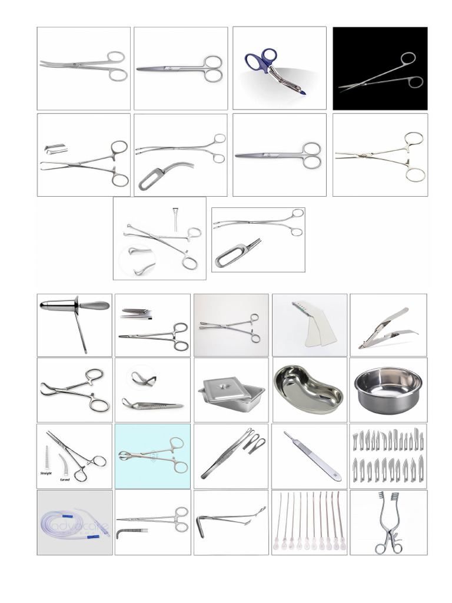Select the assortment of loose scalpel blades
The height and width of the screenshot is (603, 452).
tap(388, 456)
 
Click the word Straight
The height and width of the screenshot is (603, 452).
tap(47, 473)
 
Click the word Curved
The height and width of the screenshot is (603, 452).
tap(65, 479)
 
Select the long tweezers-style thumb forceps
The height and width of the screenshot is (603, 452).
tap(227, 456)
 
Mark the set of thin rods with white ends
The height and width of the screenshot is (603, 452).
tap(308, 521)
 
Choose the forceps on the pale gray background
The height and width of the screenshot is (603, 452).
tap(230, 326)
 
